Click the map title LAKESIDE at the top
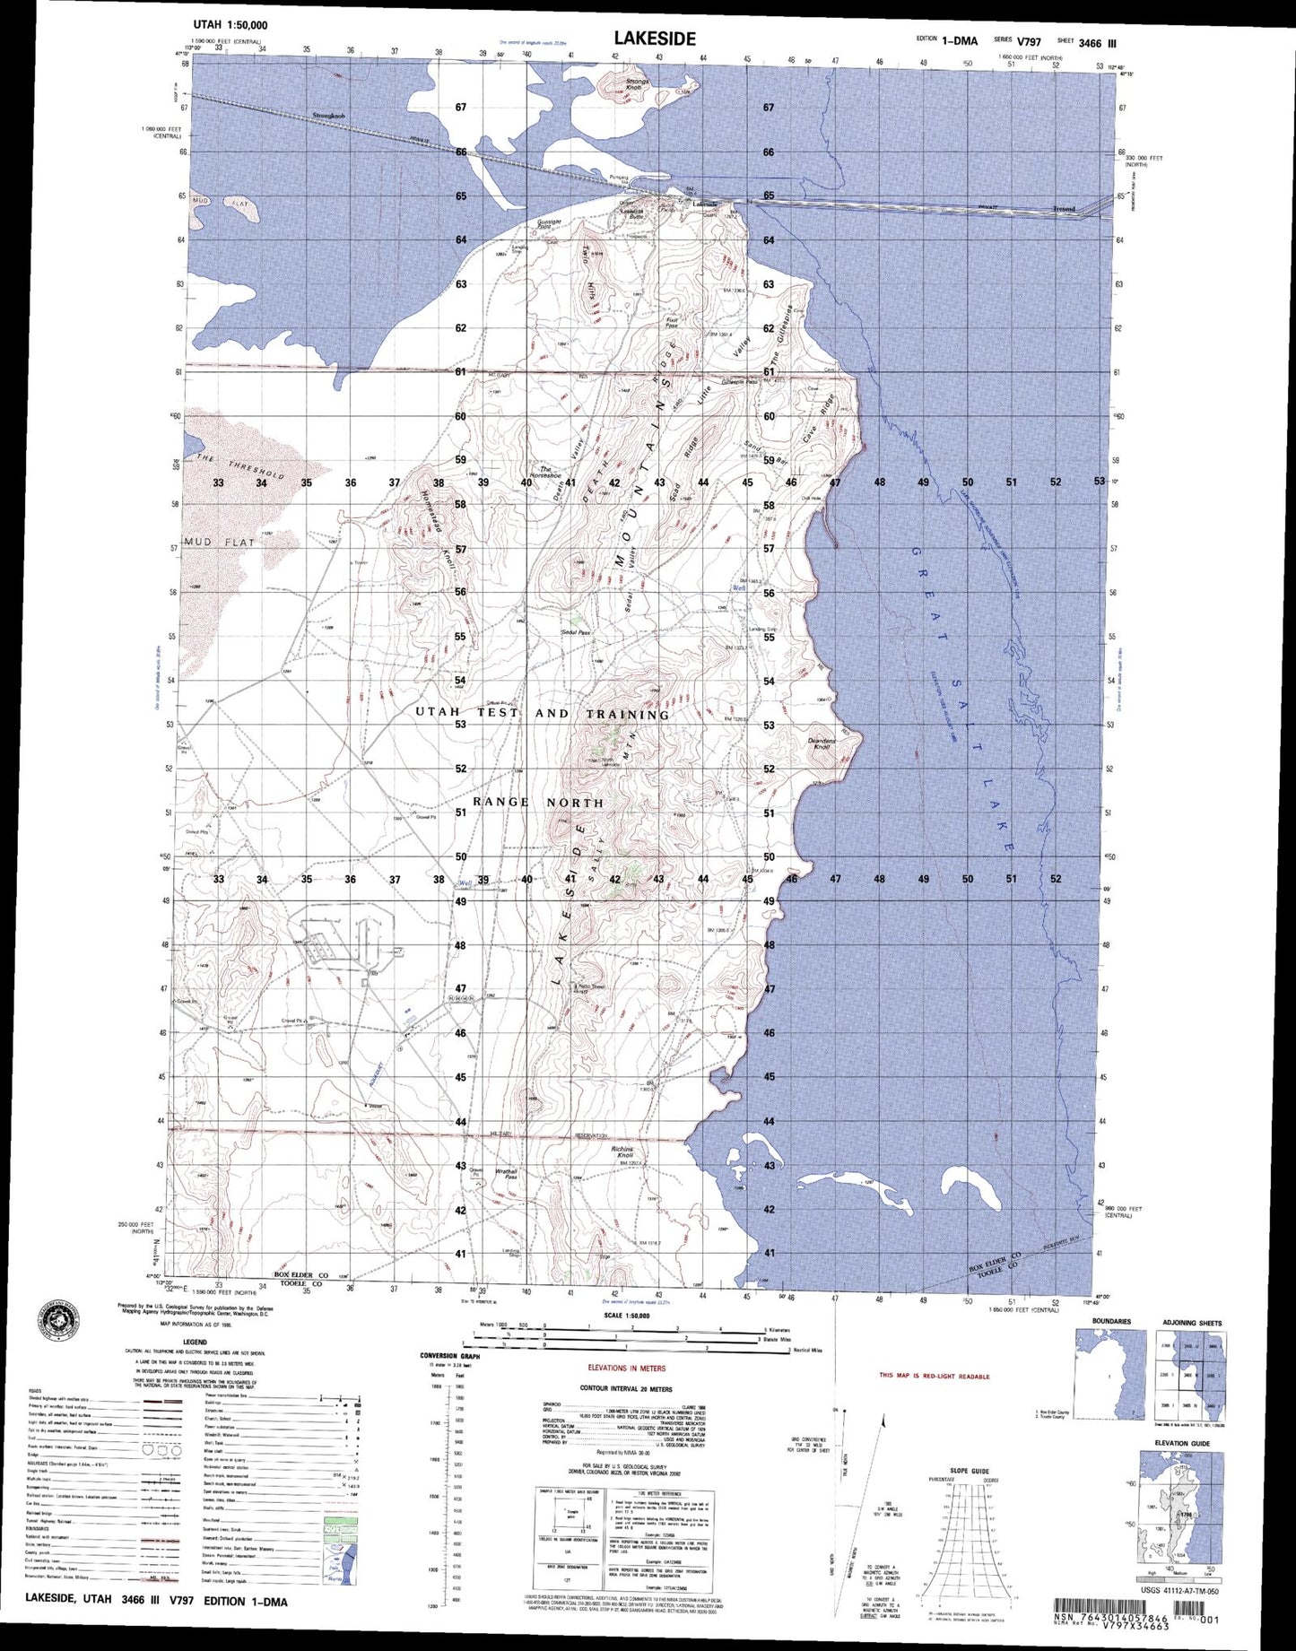tap(654, 39)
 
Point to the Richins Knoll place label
tap(622, 1151)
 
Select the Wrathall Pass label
tap(506, 1174)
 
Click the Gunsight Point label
tap(549, 224)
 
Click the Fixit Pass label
tap(672, 323)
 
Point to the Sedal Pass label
tap(576, 632)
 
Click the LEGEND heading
tap(170, 1343)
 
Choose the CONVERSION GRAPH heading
tap(450, 1356)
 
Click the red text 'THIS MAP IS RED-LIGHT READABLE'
tap(935, 1376)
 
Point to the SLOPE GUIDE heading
tap(970, 1470)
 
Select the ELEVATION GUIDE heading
tap(1182, 1443)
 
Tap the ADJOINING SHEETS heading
tap(1192, 1323)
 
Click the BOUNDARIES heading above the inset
tap(1111, 1322)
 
